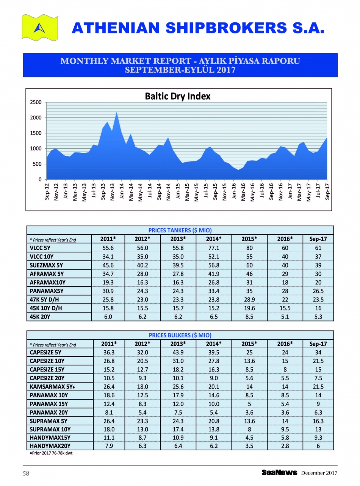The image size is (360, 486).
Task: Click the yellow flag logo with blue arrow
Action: [40, 27]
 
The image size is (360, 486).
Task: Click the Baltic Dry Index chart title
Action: [177, 96]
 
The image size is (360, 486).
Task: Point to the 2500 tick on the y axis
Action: [36, 102]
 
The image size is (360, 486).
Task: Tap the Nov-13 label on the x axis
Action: [112, 192]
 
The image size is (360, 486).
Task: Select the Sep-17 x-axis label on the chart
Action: [327, 192]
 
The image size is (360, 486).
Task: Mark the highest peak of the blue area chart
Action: [117, 113]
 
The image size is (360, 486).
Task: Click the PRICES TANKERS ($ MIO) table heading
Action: [180, 230]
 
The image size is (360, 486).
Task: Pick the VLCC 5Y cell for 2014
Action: [214, 248]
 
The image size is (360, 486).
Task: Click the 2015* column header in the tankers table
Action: [249, 239]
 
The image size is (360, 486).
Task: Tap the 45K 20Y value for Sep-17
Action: [318, 317]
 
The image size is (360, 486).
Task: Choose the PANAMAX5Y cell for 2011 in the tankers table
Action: [108, 291]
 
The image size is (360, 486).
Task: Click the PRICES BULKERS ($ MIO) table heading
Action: [180, 335]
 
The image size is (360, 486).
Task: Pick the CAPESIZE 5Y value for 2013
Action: [178, 352]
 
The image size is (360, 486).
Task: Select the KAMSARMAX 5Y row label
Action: [52, 387]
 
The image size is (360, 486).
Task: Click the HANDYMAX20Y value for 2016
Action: [285, 446]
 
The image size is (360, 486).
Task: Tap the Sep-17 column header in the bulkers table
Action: [318, 344]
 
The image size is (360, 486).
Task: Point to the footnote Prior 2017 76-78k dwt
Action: [51, 453]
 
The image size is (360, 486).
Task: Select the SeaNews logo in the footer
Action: [279, 473]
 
